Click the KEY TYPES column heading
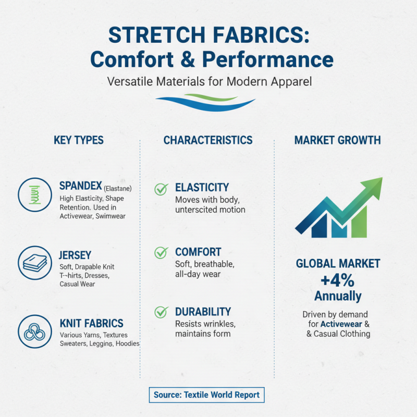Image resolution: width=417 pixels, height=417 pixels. (79, 140)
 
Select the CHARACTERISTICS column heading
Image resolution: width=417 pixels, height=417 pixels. (208, 140)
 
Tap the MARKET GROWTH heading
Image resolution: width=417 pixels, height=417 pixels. (337, 140)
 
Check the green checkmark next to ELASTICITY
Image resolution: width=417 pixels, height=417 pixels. (161, 189)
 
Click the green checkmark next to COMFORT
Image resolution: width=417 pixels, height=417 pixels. (161, 253)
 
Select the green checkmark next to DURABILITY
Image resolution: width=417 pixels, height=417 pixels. (161, 312)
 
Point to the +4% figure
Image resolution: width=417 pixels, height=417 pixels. (337, 280)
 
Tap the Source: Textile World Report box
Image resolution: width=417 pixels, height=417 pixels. (206, 395)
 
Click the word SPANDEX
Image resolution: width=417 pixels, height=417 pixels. (81, 186)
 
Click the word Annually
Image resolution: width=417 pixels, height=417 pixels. (337, 297)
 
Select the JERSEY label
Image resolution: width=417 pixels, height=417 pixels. (76, 255)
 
